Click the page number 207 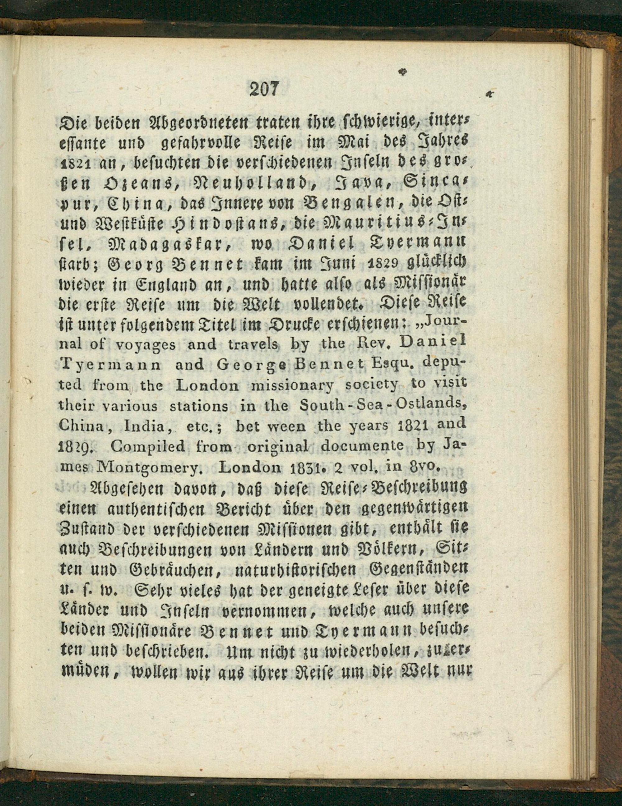click(x=264, y=90)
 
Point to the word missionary click(x=292, y=385)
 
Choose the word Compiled click(x=147, y=447)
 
